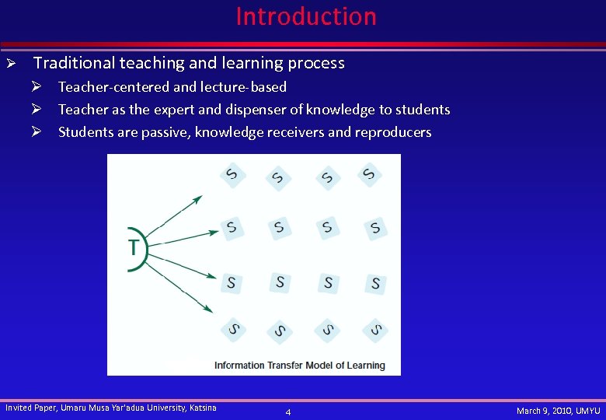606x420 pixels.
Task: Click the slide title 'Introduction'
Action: point(305,16)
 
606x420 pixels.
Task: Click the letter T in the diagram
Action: point(134,248)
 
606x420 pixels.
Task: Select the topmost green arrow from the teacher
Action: point(174,215)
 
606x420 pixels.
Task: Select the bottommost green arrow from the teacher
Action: point(179,287)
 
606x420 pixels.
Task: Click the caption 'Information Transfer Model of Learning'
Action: point(299,366)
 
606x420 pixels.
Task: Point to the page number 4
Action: point(288,411)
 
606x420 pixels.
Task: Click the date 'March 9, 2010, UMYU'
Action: point(558,410)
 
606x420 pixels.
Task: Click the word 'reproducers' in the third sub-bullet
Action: point(392,132)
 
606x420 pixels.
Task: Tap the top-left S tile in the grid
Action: point(232,174)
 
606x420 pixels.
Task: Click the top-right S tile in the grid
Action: point(370,174)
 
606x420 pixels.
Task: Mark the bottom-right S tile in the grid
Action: point(375,331)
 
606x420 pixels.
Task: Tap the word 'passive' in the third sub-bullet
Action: point(164,132)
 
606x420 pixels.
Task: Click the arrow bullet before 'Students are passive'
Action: point(47,132)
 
